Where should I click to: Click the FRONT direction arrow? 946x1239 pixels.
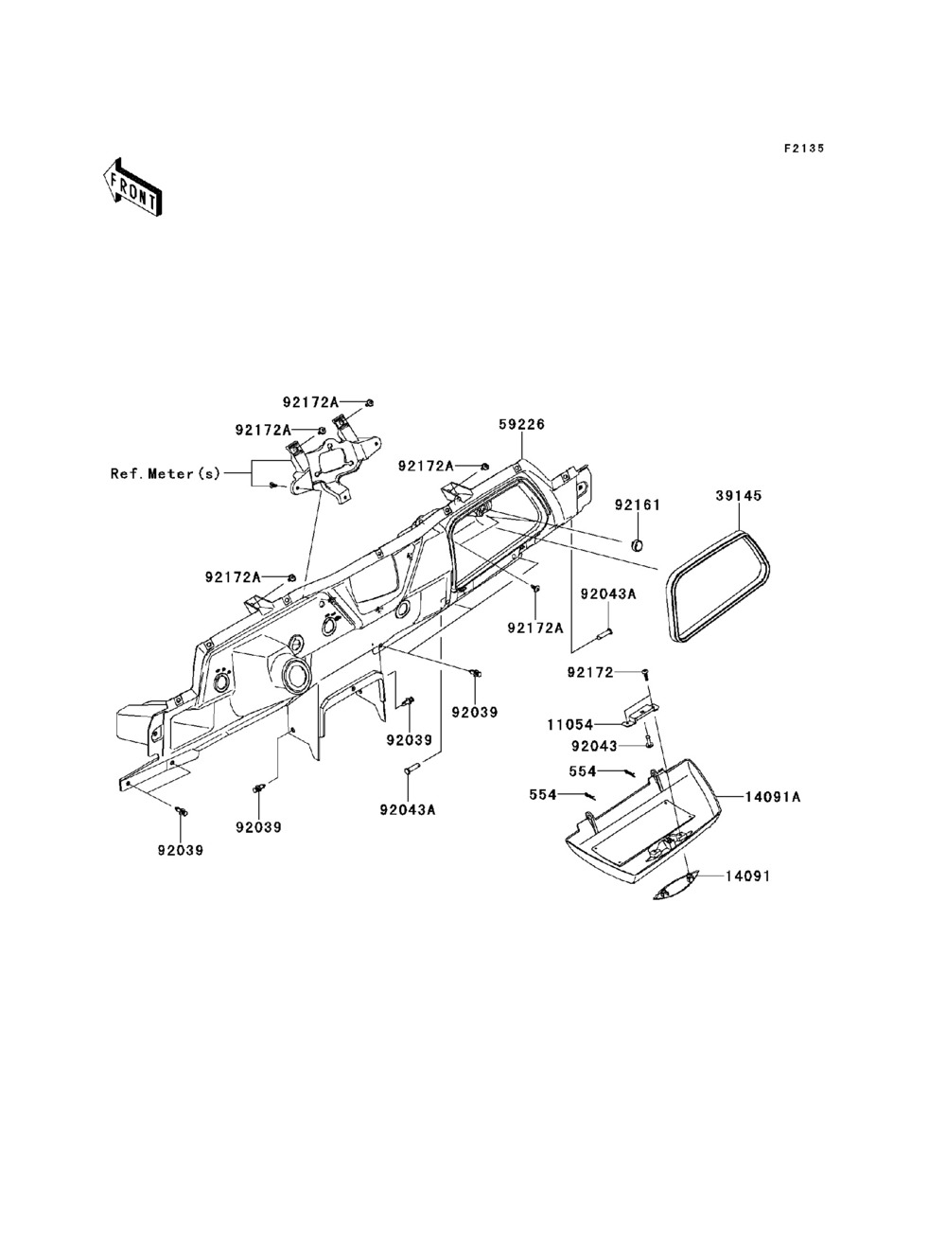133,186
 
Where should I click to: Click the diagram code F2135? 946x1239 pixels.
804,149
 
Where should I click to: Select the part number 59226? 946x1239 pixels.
522,424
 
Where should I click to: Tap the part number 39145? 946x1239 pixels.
739,496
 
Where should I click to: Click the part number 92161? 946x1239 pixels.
637,505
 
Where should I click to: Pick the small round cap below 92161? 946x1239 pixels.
637,545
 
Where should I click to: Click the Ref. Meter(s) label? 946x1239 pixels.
166,473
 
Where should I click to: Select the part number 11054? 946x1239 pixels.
569,724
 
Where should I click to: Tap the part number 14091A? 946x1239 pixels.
773,797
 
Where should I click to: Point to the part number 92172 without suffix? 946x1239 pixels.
590,673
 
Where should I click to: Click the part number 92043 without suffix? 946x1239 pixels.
594,746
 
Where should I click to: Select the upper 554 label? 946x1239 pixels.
582,770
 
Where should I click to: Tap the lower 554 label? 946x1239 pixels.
543,795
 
